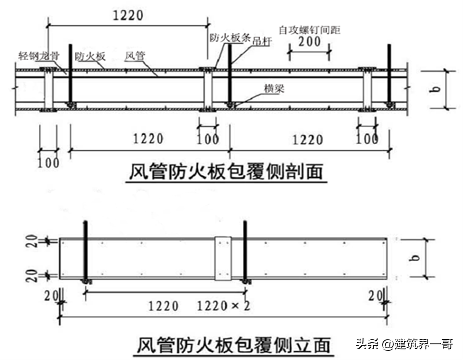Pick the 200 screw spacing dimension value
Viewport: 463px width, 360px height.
(309, 42)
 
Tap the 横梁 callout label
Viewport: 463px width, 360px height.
(274, 89)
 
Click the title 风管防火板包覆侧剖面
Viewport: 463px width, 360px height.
(226, 172)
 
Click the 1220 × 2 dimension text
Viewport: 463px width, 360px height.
(224, 305)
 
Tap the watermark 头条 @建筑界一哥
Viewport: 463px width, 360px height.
(404, 344)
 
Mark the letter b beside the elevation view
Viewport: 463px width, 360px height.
(415, 258)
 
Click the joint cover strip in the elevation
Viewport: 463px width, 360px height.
(223, 258)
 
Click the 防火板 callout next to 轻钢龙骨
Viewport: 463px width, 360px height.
(90, 57)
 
